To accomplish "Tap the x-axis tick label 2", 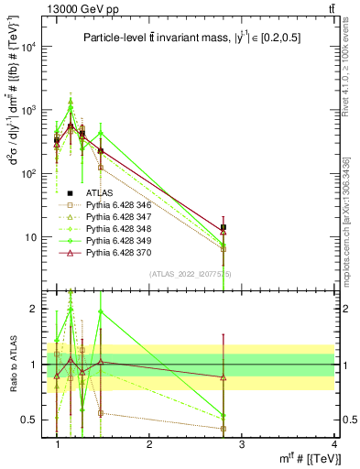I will (149, 444).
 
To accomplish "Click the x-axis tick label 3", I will (241, 444).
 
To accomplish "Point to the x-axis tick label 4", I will (333, 444).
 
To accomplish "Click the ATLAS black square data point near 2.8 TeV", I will (224, 226).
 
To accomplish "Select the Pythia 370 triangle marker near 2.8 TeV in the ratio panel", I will (224, 376).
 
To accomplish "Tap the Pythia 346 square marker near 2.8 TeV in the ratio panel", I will (224, 428).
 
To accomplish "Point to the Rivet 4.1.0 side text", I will (346, 69).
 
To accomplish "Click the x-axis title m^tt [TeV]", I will (307, 458).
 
